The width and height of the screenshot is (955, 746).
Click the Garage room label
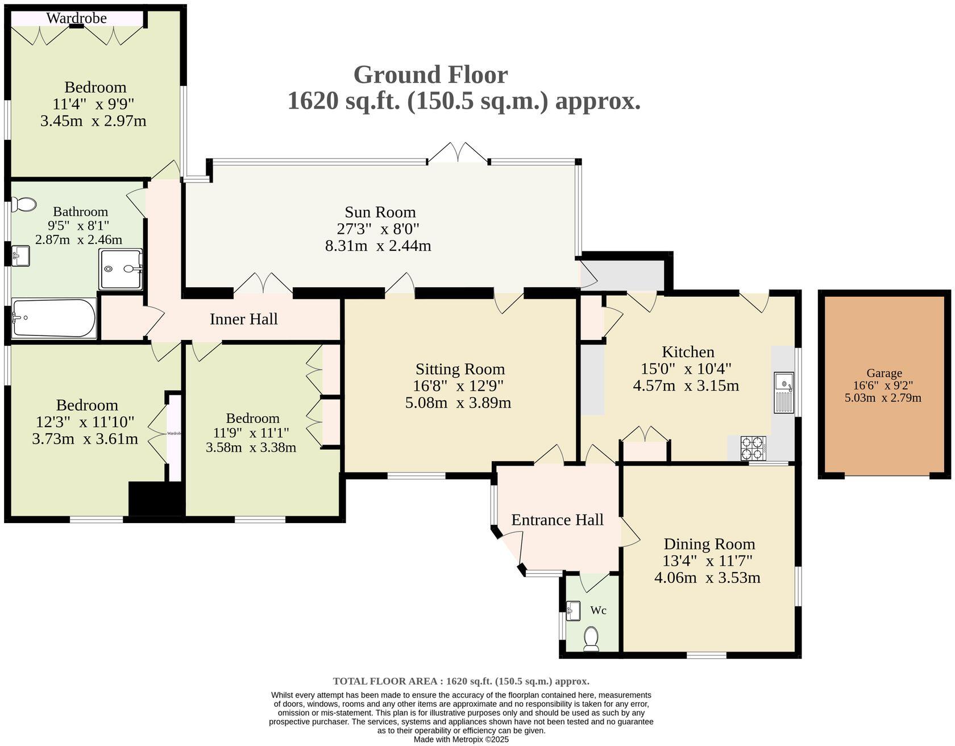[x=884, y=374]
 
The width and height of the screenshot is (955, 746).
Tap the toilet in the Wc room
[x=591, y=639]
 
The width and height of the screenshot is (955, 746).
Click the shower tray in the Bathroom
[x=120, y=268]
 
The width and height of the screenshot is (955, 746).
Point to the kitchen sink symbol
[x=784, y=392]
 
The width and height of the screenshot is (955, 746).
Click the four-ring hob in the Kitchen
[x=753, y=447]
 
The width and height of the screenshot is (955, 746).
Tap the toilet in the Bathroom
[x=24, y=204]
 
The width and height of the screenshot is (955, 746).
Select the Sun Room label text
[x=380, y=212]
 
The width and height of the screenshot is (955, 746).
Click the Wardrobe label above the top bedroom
[x=76, y=18]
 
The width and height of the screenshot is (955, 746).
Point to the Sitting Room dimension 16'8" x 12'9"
[x=458, y=386]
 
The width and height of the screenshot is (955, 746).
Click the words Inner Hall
[x=243, y=319]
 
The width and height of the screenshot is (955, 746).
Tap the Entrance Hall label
[x=557, y=520]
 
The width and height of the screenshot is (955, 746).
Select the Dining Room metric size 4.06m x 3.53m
[x=707, y=578]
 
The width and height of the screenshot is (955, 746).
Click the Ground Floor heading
[x=430, y=74]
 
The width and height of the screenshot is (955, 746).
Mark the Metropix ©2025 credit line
[x=461, y=740]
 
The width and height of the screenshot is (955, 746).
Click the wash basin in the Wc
[x=573, y=612]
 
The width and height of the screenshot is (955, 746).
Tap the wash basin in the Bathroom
[x=20, y=255]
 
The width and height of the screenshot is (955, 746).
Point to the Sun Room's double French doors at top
[x=458, y=154]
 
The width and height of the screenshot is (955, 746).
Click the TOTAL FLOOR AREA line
[x=461, y=681]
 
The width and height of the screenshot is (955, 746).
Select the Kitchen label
[x=687, y=352]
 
